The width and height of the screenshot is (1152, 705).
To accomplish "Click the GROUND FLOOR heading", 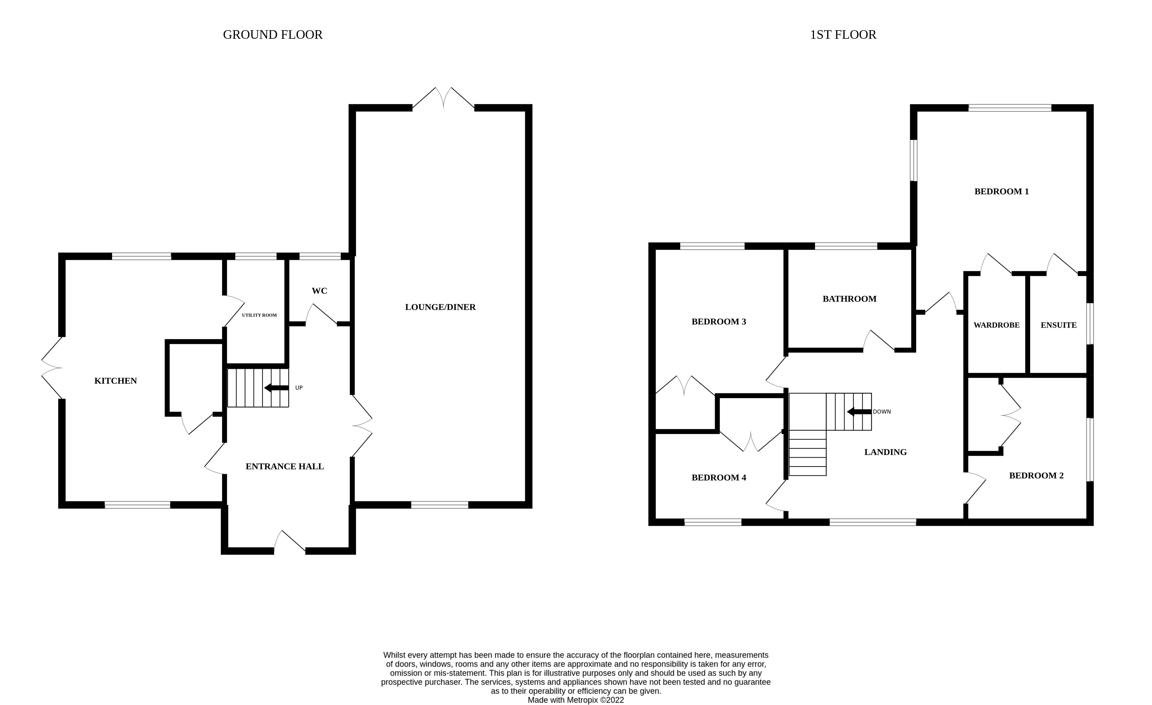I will click(x=273, y=34).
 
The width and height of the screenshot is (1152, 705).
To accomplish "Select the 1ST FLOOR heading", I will click(x=843, y=34).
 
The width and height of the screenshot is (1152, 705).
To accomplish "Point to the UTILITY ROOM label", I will click(x=259, y=315).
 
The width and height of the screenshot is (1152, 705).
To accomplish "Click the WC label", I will click(x=319, y=291).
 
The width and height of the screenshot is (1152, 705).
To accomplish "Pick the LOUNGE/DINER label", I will click(x=440, y=307).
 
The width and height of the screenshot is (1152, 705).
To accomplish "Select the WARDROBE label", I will click(x=996, y=325).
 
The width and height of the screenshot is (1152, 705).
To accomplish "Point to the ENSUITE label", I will click(x=1058, y=325).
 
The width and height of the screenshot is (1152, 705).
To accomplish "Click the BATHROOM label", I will click(x=849, y=299).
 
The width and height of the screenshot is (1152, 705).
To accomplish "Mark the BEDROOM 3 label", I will click(x=719, y=322).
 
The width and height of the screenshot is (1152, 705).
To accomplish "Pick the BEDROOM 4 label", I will click(x=719, y=477).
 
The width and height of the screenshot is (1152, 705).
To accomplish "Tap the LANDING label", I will click(x=885, y=452).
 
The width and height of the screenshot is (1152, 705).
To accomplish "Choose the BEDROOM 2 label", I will click(x=1036, y=475).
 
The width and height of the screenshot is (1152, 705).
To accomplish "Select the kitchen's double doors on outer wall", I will click(x=52, y=368).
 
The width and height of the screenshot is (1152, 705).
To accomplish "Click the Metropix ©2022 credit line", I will click(x=576, y=700).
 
